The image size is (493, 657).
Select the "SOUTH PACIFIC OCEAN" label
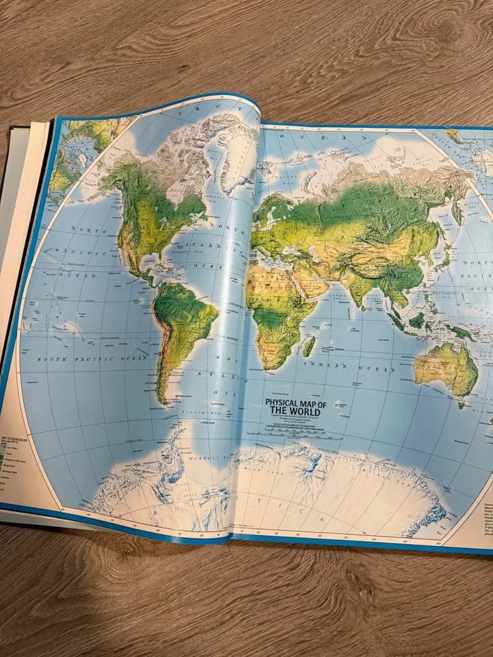(x=92, y=358)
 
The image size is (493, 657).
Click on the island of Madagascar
(x=309, y=345)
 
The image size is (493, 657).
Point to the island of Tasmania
(x=462, y=404)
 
